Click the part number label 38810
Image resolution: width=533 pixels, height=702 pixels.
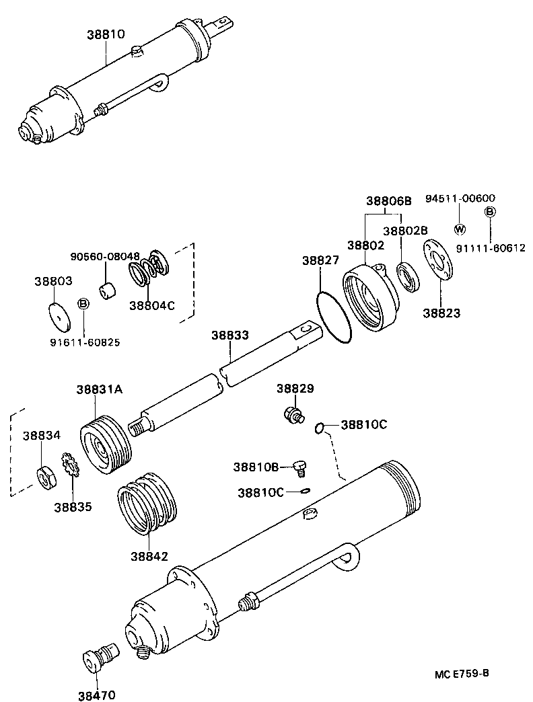(106, 34)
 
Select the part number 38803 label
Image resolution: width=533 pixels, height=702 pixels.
(53, 281)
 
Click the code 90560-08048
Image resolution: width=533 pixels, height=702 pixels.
(105, 256)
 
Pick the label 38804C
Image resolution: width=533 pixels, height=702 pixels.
(151, 305)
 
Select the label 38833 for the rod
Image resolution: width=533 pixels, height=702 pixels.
(230, 334)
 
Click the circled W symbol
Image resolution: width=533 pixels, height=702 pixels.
(460, 229)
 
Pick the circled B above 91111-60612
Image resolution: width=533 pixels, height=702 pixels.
(490, 212)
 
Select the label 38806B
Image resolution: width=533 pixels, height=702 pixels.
(388, 200)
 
